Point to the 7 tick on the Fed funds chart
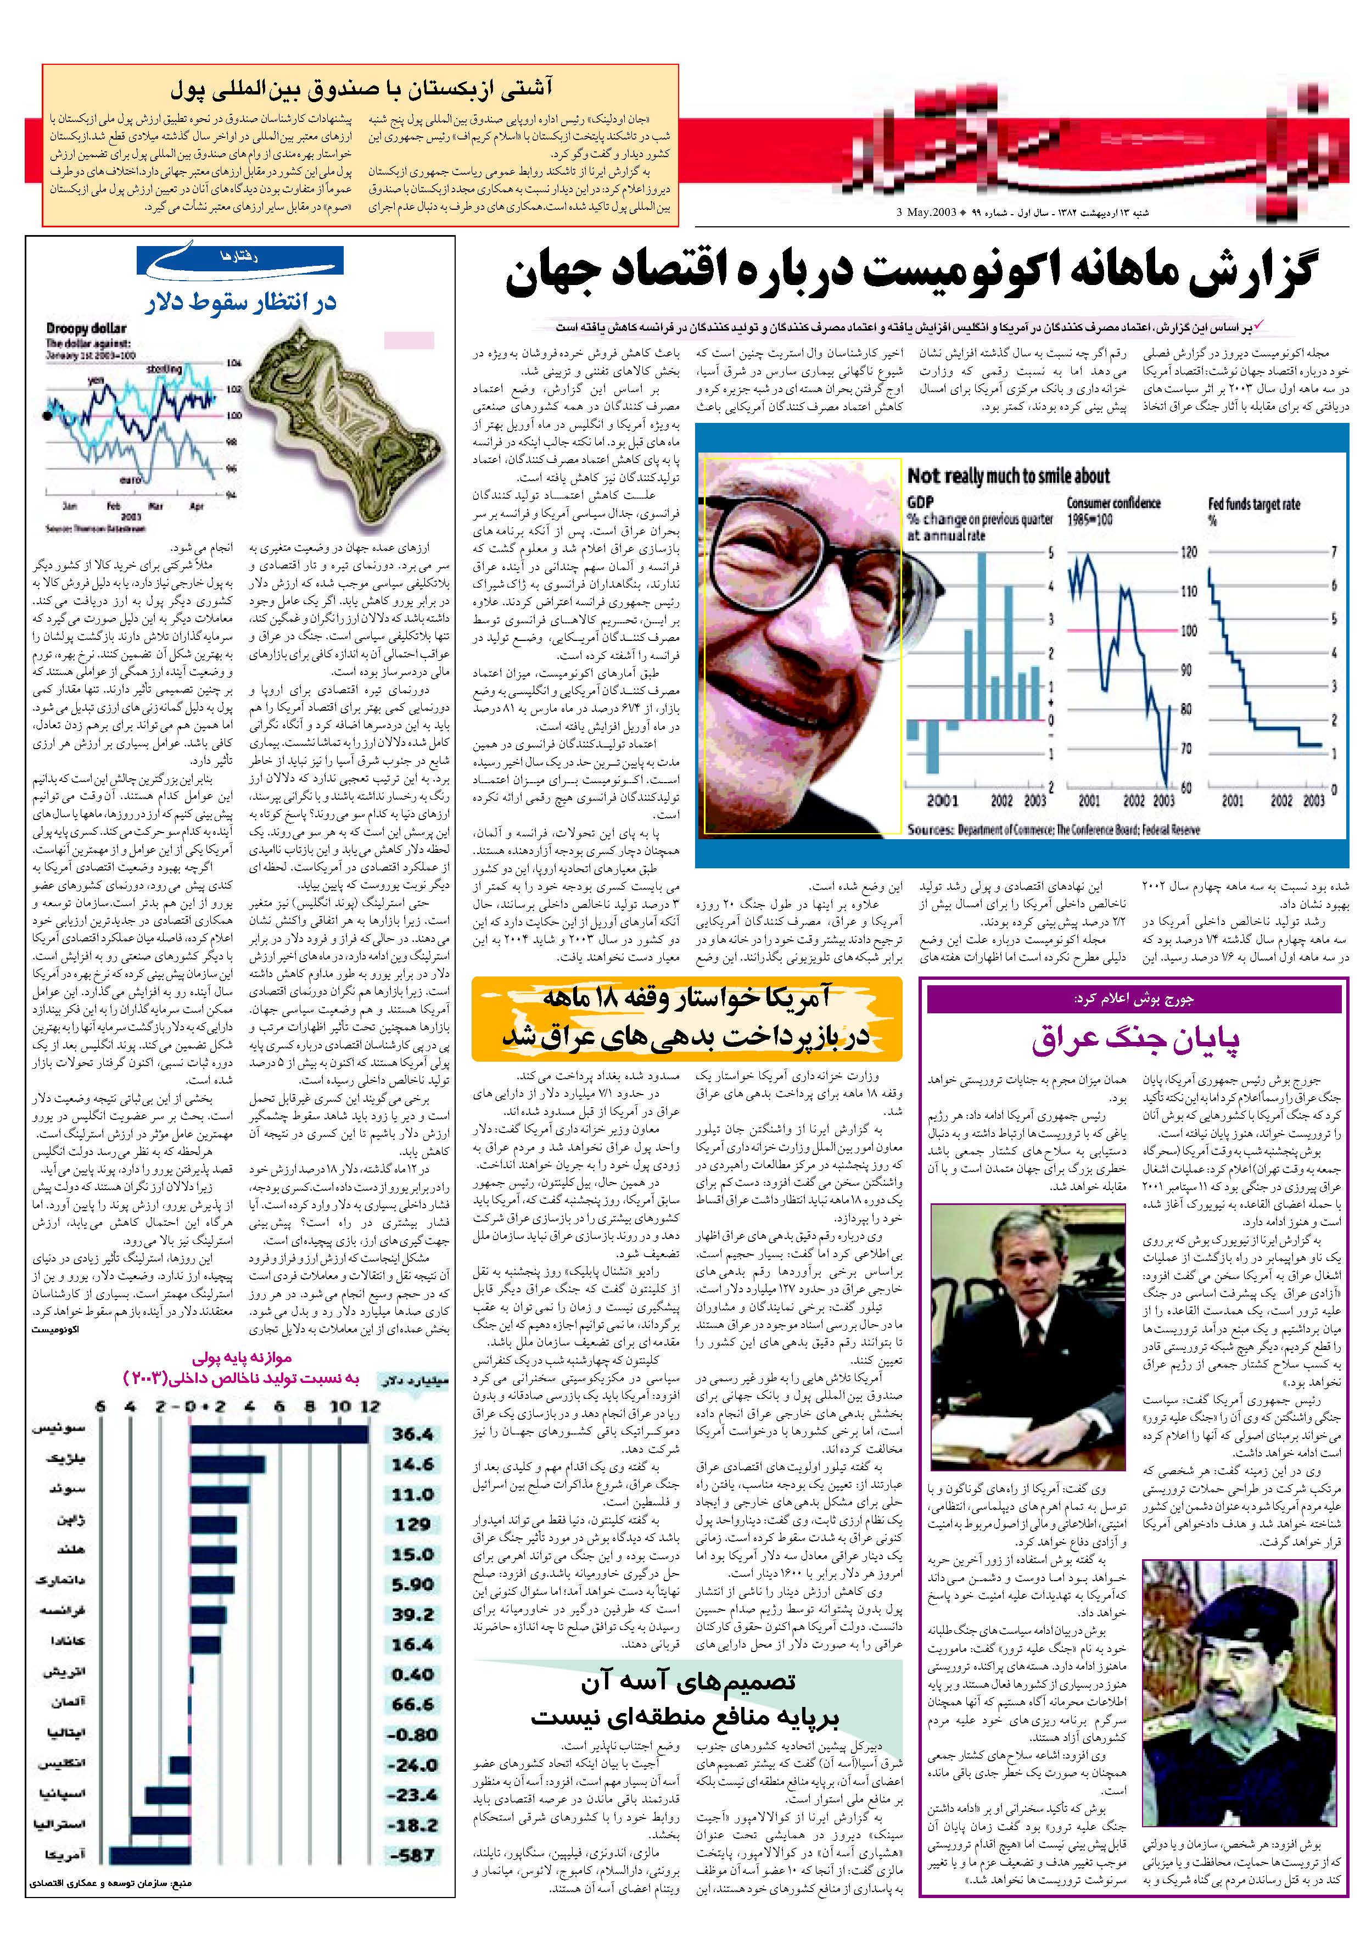click(x=1334, y=552)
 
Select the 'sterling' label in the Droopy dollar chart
click(x=163, y=369)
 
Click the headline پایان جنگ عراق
click(x=1135, y=1040)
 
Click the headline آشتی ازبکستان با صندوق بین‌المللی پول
click(x=361, y=88)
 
